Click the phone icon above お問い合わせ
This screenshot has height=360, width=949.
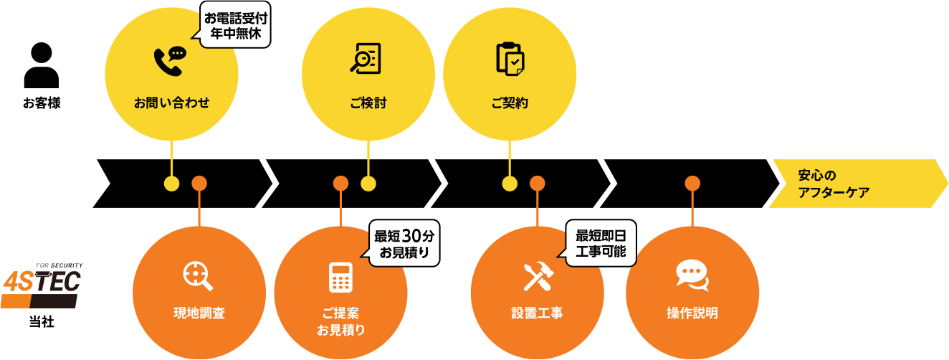(170, 61)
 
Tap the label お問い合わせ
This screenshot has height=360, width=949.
(171, 103)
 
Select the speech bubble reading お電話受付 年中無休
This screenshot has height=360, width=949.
(235, 26)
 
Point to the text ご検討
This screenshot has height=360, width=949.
(368, 103)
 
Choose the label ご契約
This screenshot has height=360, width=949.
(510, 103)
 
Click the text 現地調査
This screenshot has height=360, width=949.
(199, 313)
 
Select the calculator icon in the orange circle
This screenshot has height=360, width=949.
(340, 278)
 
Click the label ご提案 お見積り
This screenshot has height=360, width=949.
(340, 322)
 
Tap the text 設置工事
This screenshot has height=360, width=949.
(537, 313)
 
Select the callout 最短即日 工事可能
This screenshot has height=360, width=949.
(601, 244)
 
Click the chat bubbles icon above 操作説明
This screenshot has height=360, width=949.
(692, 275)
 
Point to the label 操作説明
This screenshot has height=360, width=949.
(692, 313)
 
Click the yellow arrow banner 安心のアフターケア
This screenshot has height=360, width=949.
(853, 184)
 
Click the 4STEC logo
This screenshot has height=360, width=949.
(41, 285)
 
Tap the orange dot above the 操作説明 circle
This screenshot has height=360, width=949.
(692, 184)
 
